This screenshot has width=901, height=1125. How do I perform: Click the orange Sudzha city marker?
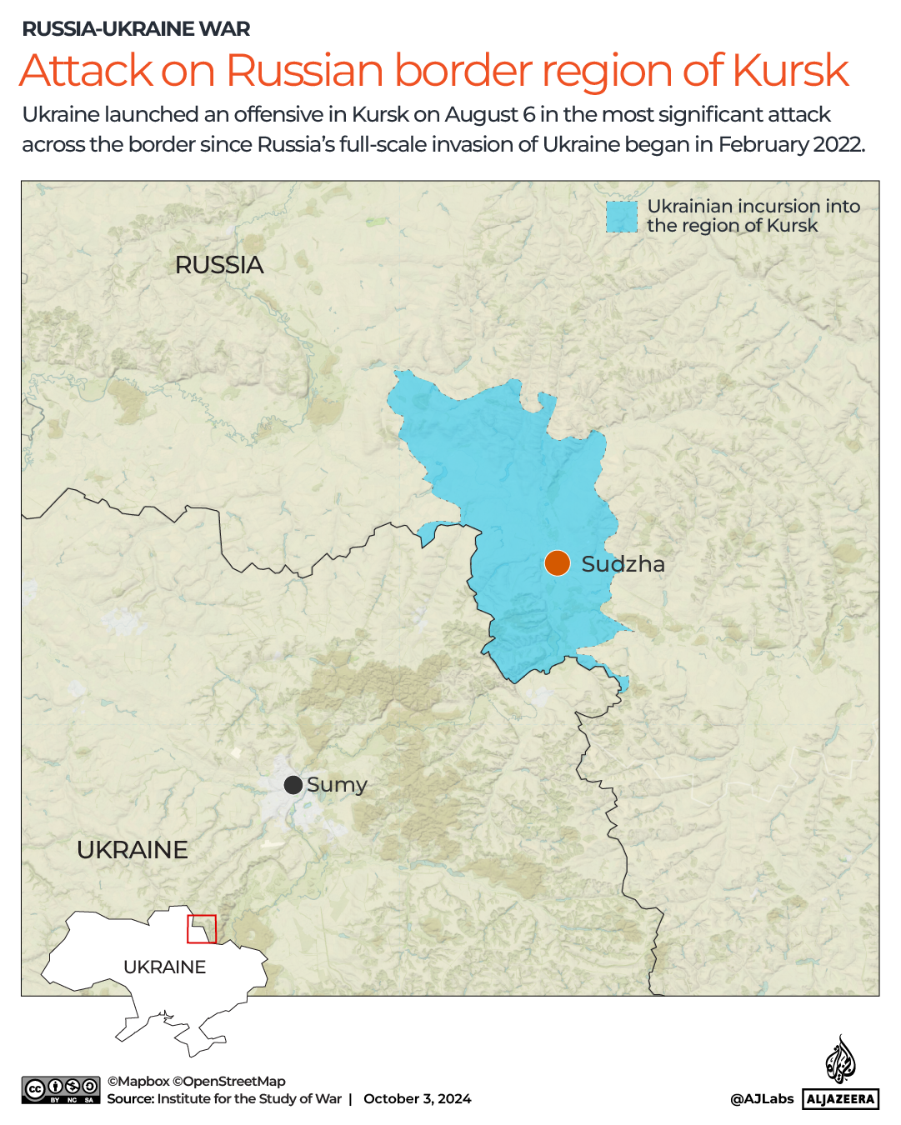[x=557, y=563]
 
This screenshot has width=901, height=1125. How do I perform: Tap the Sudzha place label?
[x=623, y=564]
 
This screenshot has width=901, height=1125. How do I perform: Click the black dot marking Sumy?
[x=293, y=785]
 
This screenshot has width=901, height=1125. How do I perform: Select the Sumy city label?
[x=337, y=785]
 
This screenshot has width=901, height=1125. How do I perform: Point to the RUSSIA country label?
[x=219, y=265]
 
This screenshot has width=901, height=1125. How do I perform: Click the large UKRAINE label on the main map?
[x=133, y=850]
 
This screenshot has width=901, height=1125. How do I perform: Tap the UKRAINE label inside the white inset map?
[x=164, y=967]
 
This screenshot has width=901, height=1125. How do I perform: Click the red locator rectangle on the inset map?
[x=202, y=928]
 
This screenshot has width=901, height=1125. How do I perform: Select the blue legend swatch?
[x=621, y=217]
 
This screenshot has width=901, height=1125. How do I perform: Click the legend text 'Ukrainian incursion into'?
[x=753, y=206]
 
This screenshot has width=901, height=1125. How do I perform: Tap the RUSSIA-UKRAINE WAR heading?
[x=136, y=29]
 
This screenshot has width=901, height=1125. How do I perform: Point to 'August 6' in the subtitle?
[x=489, y=114]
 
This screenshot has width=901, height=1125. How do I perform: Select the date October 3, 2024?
[x=417, y=1098]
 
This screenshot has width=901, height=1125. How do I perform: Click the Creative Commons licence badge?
[x=61, y=1090]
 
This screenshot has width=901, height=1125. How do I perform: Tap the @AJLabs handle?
[x=761, y=1098]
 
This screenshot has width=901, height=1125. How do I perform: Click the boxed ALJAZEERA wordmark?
[x=840, y=1099]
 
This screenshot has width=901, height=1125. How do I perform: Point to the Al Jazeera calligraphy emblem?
[x=840, y=1060]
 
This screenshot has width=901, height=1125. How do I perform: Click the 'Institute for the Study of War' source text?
[x=249, y=1098]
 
